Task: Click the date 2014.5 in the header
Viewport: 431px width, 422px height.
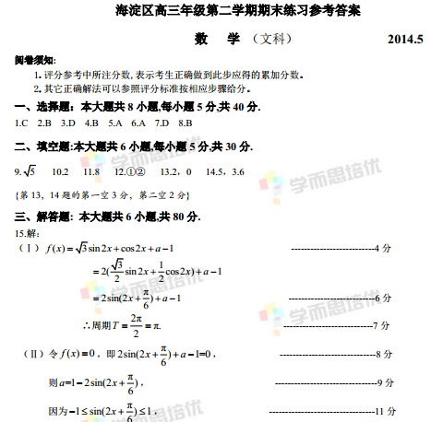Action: click(x=403, y=40)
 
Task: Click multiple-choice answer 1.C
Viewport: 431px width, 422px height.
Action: click(x=21, y=122)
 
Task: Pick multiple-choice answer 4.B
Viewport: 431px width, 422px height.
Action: click(x=91, y=122)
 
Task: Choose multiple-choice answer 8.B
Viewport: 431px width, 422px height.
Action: click(x=184, y=122)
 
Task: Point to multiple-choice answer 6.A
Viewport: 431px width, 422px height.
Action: click(x=138, y=122)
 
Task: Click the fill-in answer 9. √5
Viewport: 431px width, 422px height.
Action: click(x=26, y=171)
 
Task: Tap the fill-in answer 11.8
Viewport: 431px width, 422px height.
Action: click(x=91, y=172)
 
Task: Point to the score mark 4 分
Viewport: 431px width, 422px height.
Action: click(x=386, y=248)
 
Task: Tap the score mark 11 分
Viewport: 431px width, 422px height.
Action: click(x=385, y=410)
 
